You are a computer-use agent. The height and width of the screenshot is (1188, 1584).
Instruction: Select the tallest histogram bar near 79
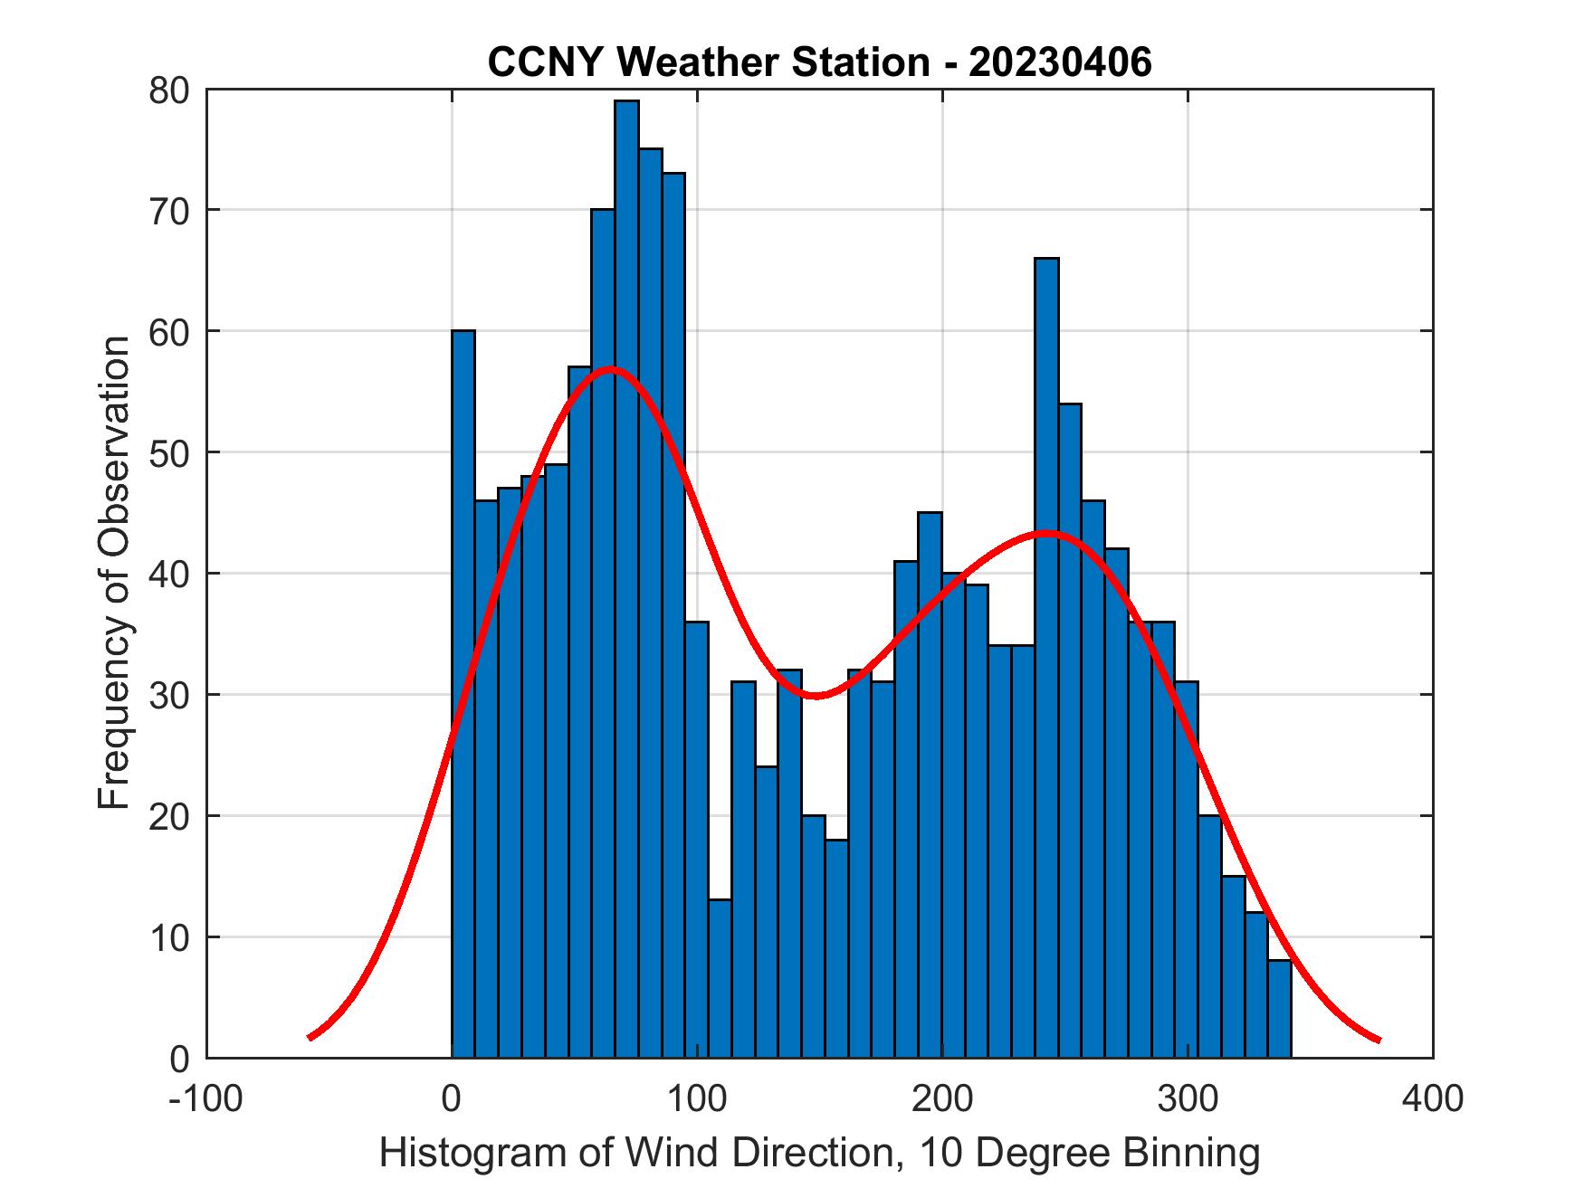pyautogui.click(x=626, y=579)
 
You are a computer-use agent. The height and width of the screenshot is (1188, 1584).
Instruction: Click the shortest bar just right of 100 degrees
pyautogui.click(x=720, y=978)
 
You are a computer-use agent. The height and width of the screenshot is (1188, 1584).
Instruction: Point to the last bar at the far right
pyautogui.click(x=1279, y=1009)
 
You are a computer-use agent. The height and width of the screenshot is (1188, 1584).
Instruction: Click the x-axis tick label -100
pyautogui.click(x=205, y=1098)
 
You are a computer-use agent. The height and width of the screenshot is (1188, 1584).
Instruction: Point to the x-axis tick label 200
pyautogui.click(x=942, y=1098)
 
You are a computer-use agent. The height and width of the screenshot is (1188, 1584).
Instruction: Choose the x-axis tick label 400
pyautogui.click(x=1432, y=1098)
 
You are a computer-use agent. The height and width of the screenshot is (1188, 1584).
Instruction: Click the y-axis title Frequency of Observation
pyautogui.click(x=115, y=574)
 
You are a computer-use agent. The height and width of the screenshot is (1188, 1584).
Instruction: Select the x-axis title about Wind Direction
pyautogui.click(x=819, y=1153)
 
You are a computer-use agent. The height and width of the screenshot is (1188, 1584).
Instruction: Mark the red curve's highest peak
pyautogui.click(x=612, y=368)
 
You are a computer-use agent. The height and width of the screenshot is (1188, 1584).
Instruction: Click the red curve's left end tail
pyautogui.click(x=311, y=1036)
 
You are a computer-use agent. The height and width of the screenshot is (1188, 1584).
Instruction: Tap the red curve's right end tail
pyautogui.click(x=1378, y=1040)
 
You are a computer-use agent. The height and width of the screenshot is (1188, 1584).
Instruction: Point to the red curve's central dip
pyautogui.click(x=815, y=696)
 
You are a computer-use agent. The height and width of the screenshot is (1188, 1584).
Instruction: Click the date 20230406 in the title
pyautogui.click(x=1060, y=62)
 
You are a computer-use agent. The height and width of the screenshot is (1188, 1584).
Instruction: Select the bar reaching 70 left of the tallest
pyautogui.click(x=603, y=633)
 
